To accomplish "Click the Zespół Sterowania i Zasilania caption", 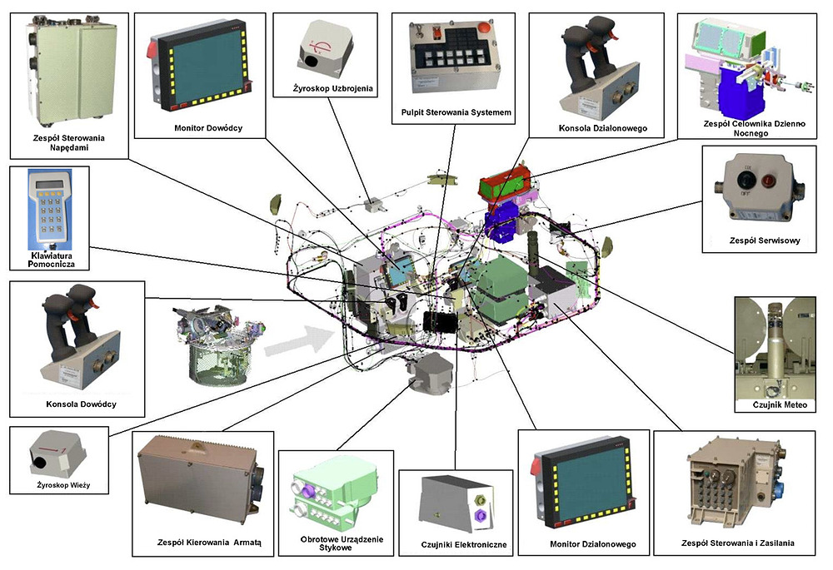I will coord(736,543).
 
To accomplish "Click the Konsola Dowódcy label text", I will coord(82,404).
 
